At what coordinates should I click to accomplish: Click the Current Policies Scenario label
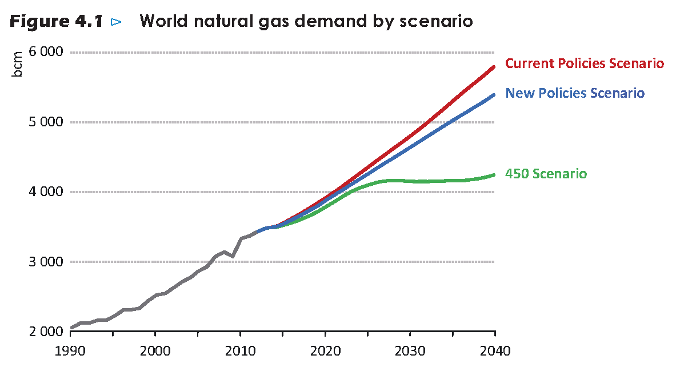coord(585,63)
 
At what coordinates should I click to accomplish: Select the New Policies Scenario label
coord(575,93)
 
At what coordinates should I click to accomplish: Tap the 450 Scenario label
coord(546,174)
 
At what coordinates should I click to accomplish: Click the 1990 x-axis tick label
coord(70,350)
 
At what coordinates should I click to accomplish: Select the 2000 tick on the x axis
coord(155,350)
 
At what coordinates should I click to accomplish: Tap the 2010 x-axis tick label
coord(241,350)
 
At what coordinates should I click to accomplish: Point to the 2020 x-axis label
coord(325,350)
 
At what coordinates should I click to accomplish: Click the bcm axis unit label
coord(18,65)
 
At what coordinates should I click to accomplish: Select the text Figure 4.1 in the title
coord(56,22)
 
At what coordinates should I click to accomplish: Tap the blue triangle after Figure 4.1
coord(117,22)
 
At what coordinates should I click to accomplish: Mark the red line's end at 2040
coord(494,67)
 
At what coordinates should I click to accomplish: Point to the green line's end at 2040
coord(494,175)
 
